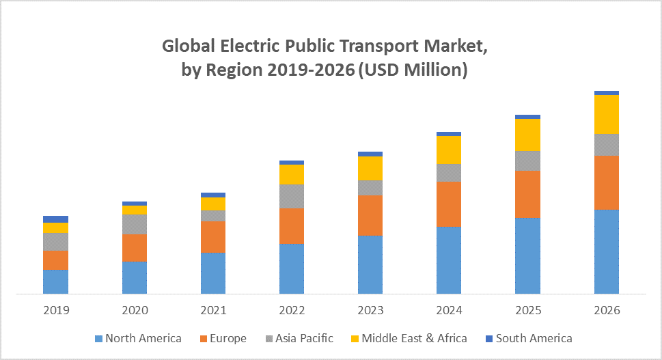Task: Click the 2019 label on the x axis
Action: coord(56,310)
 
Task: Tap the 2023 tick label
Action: coord(370,310)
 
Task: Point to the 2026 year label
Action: coord(607,310)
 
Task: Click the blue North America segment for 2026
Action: coord(607,251)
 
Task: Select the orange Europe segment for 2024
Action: coord(449,204)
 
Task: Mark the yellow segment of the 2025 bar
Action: coord(527,135)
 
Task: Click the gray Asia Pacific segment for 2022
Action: coord(292,196)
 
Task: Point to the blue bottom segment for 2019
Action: coord(56,281)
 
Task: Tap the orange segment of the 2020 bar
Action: coord(135,248)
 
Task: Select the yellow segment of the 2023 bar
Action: coord(370,168)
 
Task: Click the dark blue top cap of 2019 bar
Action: coord(56,219)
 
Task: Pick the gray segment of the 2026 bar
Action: coord(607,144)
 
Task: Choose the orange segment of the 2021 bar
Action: coord(213,236)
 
